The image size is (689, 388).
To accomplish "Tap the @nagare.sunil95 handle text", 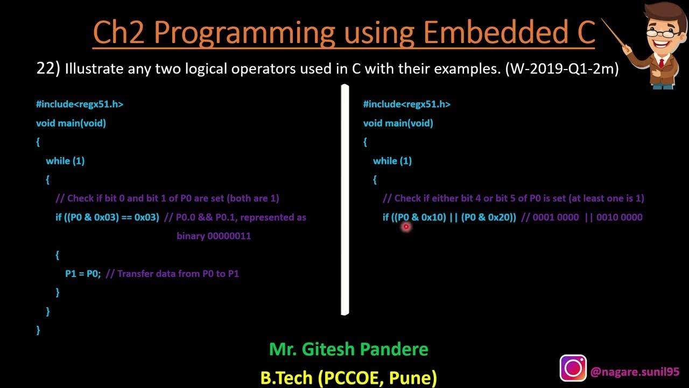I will [x=635, y=372].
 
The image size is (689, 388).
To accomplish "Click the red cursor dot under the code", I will [x=406, y=227].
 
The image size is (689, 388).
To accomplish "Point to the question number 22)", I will [x=48, y=69].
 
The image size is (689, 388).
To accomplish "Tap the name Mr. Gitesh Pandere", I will [x=348, y=349].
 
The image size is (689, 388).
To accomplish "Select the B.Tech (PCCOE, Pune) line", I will [x=348, y=377].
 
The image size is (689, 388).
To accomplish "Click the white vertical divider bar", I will [x=345, y=199].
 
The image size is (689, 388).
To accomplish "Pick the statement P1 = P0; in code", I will [x=83, y=274].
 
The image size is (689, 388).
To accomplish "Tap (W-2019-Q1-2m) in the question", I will [x=561, y=69].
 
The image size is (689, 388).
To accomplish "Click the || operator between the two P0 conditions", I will [x=453, y=217].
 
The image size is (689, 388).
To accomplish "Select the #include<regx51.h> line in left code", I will [x=80, y=104].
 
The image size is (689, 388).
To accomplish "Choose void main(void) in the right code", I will [x=398, y=123].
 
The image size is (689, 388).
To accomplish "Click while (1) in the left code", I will [x=65, y=161].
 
